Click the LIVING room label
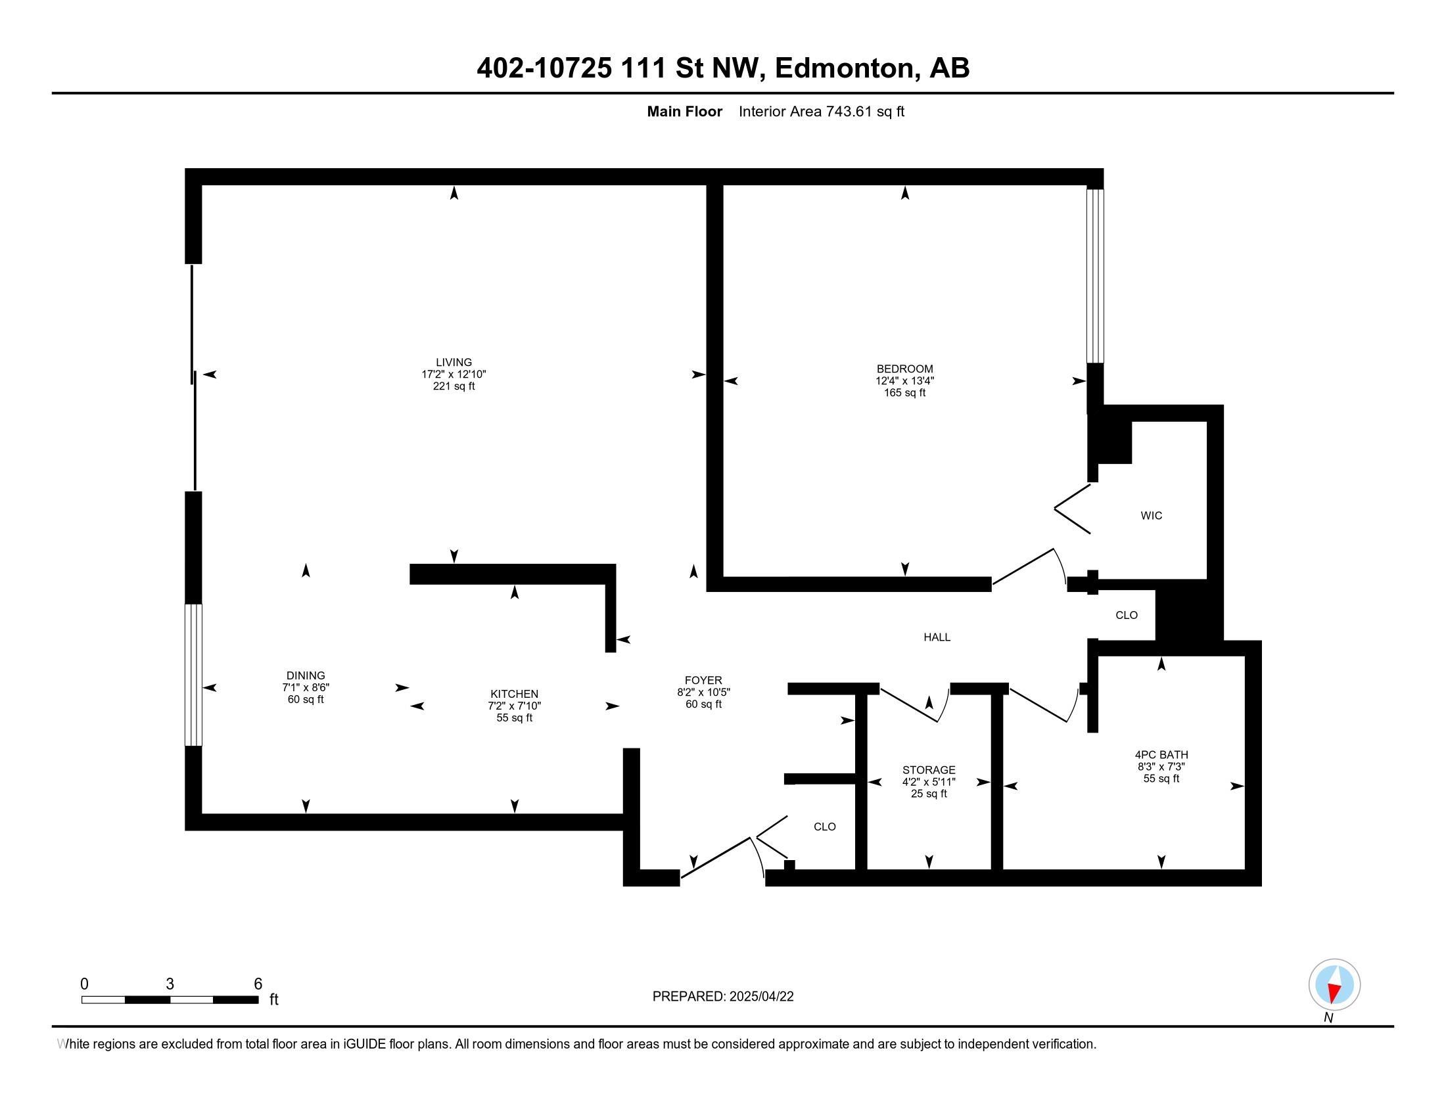point(454,362)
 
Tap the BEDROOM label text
point(904,369)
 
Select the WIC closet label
point(1152,516)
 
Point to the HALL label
point(937,637)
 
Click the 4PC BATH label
point(1161,754)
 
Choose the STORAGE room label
point(929,769)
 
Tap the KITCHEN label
point(515,694)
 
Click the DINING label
point(306,675)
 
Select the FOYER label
point(703,680)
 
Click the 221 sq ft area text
point(454,386)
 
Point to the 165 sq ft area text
point(904,393)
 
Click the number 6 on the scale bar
point(258,984)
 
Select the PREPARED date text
point(723,997)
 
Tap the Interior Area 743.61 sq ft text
point(821,112)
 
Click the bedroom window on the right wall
point(1095,276)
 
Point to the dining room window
point(193,675)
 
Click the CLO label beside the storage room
point(824,827)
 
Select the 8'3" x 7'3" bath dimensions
point(1161,767)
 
